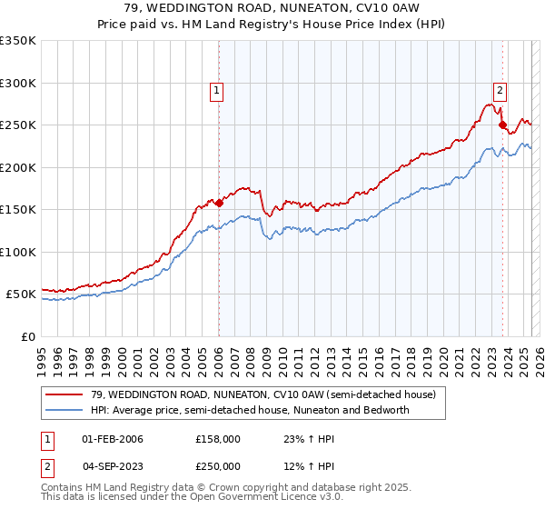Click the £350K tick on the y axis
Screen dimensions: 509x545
tap(18, 41)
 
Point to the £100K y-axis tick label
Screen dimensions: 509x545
tap(18, 252)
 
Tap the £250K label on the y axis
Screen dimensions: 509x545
tap(18, 125)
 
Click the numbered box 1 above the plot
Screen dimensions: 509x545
tap(218, 90)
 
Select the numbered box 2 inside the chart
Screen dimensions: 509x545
tap(500, 89)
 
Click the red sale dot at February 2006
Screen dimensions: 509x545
tap(219, 203)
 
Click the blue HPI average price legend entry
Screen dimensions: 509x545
tap(250, 410)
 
